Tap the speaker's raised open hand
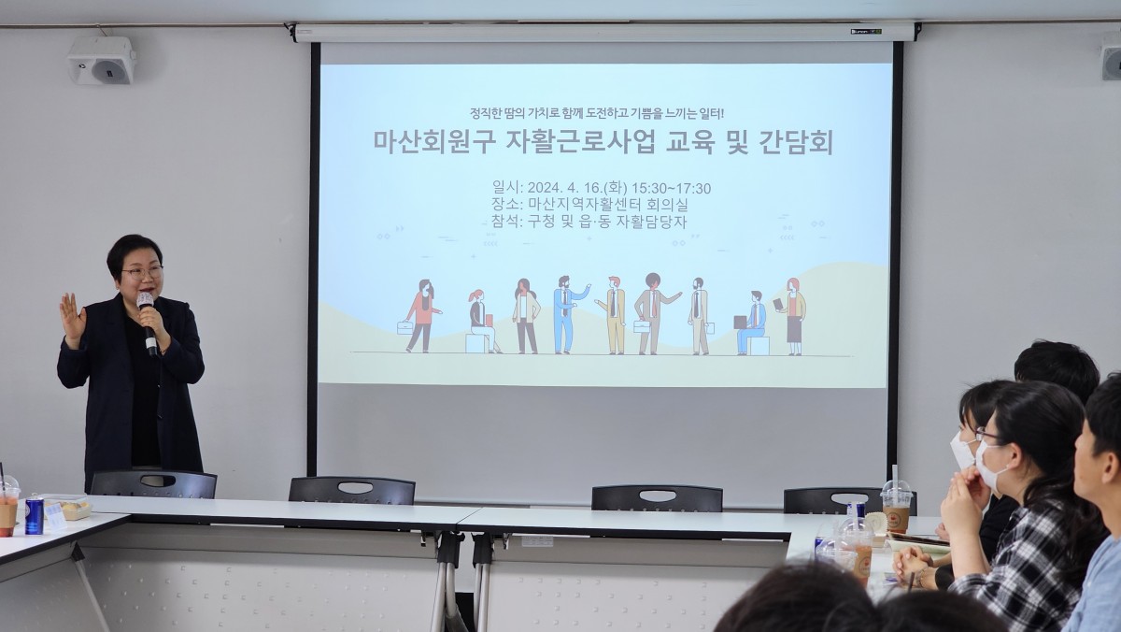pos(73,320)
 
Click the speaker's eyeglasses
pos(143,272)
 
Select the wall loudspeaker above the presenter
pos(102,61)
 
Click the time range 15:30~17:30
pos(671,188)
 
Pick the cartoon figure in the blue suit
pos(566,314)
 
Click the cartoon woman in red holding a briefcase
pos(421,315)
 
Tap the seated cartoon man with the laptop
pos(752,323)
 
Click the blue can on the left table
pos(34,514)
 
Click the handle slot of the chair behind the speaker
pos(158,481)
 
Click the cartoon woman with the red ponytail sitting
pos(481,321)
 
